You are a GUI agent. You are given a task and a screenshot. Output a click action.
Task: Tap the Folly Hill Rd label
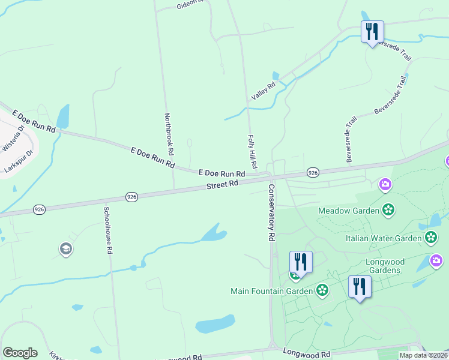coord(252,151)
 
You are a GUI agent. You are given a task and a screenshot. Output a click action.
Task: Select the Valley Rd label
coord(263,91)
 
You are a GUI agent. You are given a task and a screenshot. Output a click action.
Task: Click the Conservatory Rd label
coord(271,212)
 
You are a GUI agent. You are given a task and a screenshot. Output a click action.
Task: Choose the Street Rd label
coord(223,185)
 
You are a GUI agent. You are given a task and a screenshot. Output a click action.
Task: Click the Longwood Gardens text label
coord(385,266)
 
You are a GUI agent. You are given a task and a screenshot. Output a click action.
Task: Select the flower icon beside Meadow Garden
coord(388,210)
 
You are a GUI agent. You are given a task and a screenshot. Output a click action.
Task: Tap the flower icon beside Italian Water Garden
coord(430,238)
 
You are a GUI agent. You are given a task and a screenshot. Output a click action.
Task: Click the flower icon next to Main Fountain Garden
coord(322,291)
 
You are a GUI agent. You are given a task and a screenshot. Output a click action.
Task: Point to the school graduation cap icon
coord(65,248)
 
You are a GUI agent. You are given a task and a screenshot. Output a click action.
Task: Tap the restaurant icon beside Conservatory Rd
coord(301,262)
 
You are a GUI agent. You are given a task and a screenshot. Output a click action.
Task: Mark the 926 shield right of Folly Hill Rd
coord(313,172)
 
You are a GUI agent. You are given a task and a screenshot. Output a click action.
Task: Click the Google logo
coord(20,353)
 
